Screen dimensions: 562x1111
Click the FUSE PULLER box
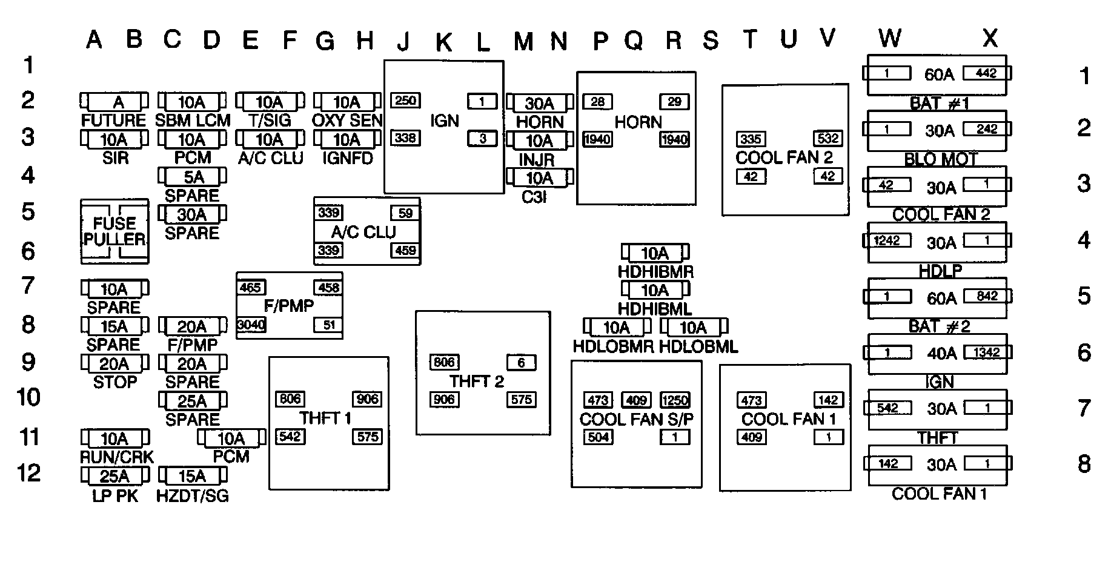[114, 231]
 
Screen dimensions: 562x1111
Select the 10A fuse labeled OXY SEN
[347, 102]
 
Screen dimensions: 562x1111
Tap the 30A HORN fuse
[539, 103]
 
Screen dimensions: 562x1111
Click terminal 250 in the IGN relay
[405, 101]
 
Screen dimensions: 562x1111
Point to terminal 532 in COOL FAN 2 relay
[827, 138]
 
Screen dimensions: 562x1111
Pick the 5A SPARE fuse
[192, 177]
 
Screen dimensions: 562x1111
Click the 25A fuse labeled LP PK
[114, 477]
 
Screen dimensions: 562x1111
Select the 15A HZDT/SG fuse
[192, 477]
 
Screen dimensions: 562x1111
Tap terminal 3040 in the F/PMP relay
[251, 325]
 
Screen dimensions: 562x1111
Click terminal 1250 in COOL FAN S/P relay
[675, 400]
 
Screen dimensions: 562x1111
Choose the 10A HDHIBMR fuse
[655, 253]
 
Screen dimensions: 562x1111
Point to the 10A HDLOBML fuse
[694, 328]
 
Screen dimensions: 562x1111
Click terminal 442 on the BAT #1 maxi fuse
[986, 73]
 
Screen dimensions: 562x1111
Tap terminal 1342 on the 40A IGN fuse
[986, 352]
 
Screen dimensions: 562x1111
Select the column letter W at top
[889, 38]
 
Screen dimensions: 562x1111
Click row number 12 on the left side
[28, 473]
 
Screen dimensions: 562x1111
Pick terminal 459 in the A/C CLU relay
[405, 250]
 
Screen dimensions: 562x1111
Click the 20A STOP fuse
[114, 364]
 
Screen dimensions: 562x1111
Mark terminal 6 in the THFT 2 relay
[521, 363]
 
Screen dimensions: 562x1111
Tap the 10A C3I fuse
[539, 178]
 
